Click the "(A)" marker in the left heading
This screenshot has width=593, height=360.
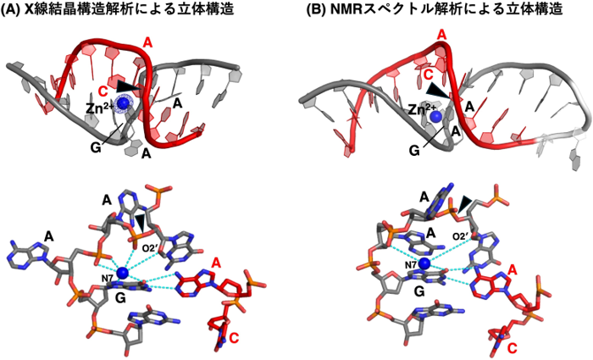click(16, 9)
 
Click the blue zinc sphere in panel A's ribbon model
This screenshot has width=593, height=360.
click(125, 103)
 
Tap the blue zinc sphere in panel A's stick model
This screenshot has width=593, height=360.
click(123, 272)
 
